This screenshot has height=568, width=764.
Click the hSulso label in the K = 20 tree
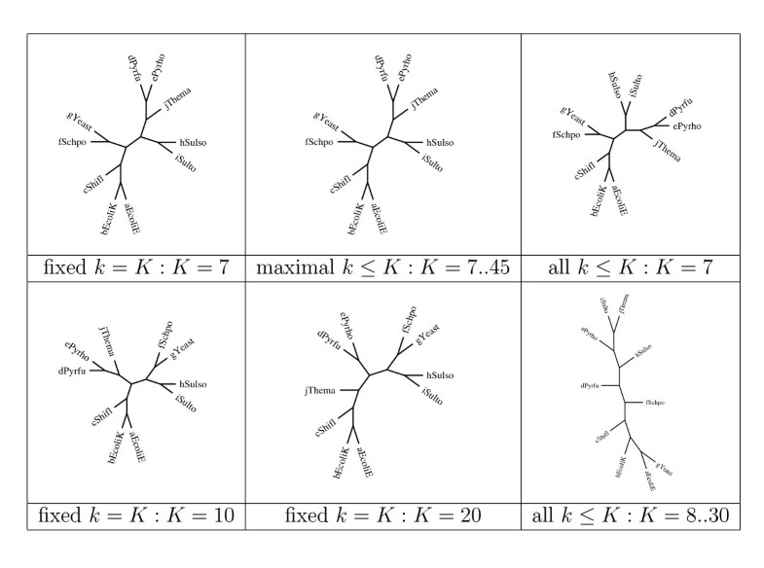(x=443, y=375)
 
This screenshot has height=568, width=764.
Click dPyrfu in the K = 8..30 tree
(x=591, y=386)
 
